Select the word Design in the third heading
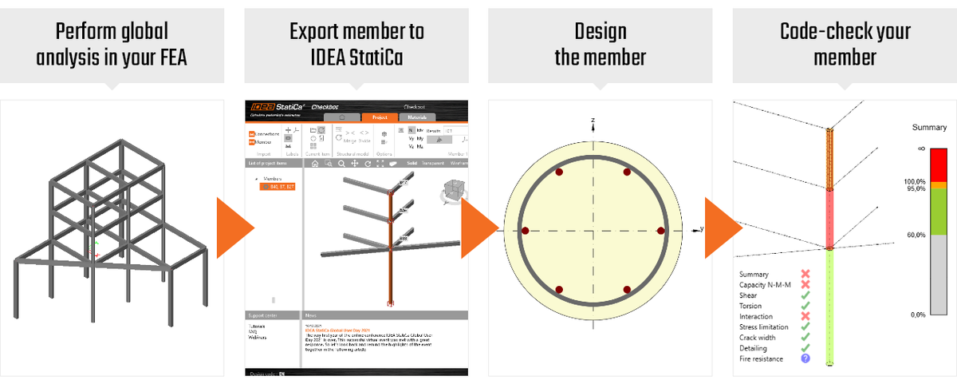[x=600, y=32]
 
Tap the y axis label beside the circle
[x=701, y=229]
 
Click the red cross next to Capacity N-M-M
[x=805, y=285]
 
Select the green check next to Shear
[x=805, y=295]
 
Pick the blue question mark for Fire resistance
[x=805, y=358]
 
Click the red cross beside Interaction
[x=805, y=316]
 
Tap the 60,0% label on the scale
[x=913, y=236]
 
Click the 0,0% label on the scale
[x=917, y=315]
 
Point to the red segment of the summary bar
[x=936, y=164]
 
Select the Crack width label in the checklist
[x=762, y=338]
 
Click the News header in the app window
[x=312, y=315]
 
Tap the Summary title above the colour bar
[x=929, y=128]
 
